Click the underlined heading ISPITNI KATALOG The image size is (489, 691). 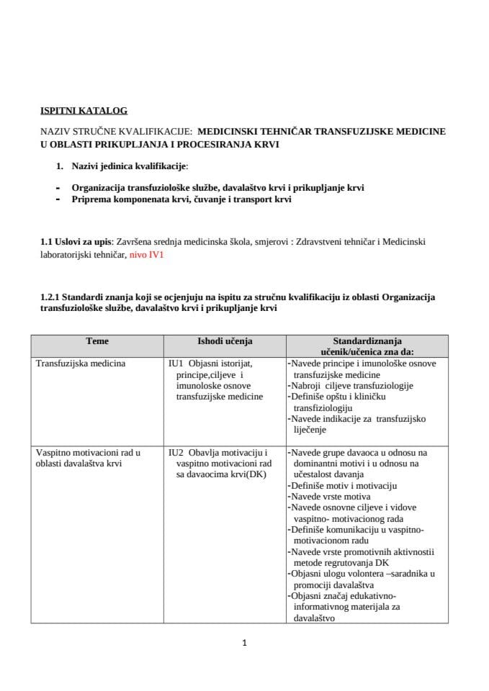[x=84, y=111]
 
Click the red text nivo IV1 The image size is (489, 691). [x=147, y=255]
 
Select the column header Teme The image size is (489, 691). [x=97, y=340]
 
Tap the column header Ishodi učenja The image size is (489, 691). [x=225, y=340]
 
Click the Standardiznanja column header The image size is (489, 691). [x=367, y=340]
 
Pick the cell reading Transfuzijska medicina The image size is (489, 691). [x=81, y=363]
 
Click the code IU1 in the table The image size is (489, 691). [x=177, y=363]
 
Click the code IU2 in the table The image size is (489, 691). [x=177, y=453]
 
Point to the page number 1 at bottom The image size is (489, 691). [x=245, y=643]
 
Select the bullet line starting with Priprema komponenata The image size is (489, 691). [x=181, y=199]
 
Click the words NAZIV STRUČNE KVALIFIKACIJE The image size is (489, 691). [x=115, y=132]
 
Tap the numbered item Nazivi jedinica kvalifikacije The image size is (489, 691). [x=129, y=166]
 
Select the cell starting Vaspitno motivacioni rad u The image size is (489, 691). [x=88, y=453]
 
